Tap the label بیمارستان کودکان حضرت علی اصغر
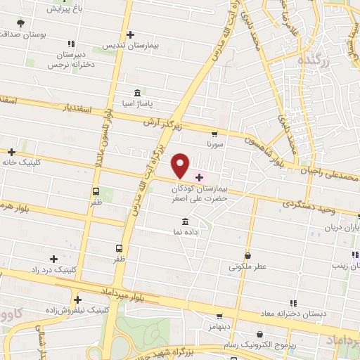point(200,194)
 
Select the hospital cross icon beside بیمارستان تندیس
point(130,34)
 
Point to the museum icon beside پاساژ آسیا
point(137,93)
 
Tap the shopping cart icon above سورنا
point(214,133)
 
